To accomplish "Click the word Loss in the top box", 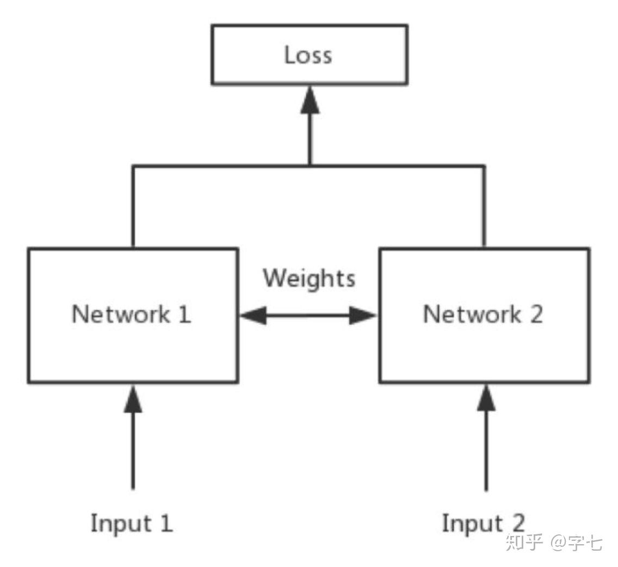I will tap(308, 56).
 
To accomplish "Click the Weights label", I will tap(309, 278).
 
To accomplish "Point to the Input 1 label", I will tap(132, 523).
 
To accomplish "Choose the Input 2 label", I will tap(483, 523).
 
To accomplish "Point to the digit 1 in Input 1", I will tap(167, 523).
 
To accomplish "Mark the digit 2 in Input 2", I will tap(518, 523).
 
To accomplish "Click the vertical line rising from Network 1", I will tap(132, 207).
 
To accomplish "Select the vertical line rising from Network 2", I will tap(484, 207).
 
